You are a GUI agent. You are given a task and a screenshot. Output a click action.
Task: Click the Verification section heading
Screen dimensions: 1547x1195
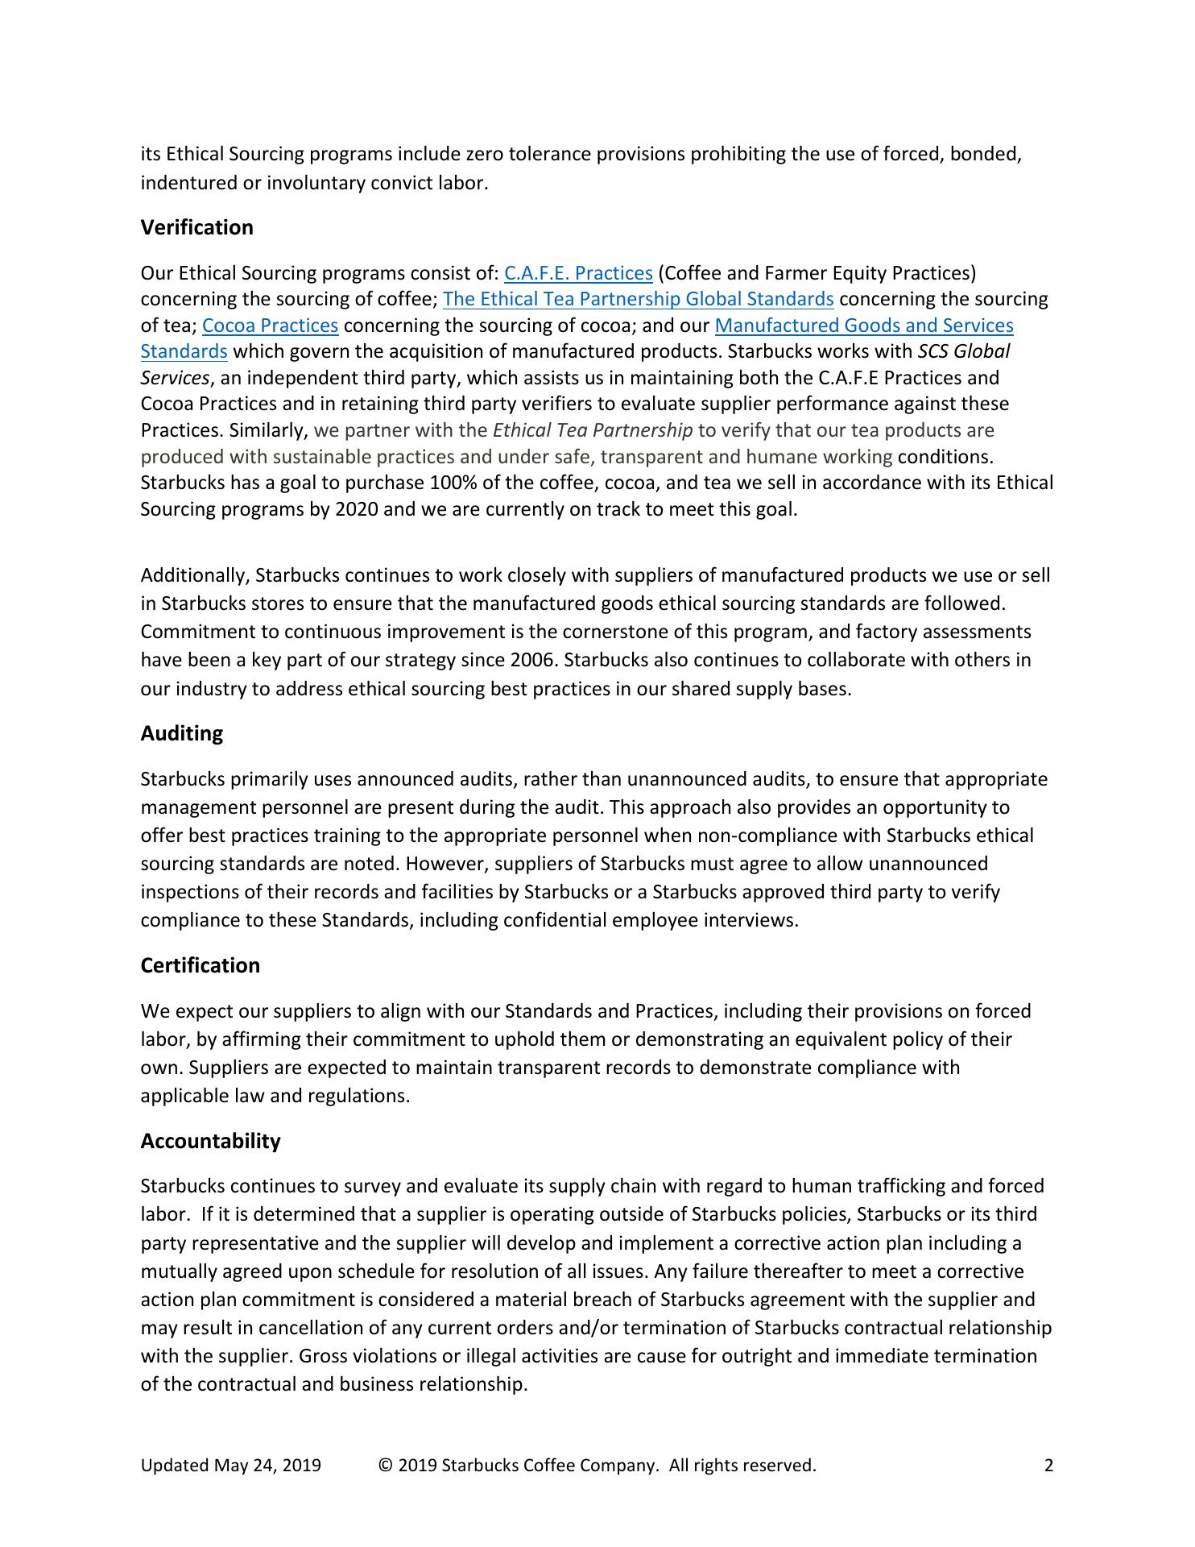[x=196, y=228]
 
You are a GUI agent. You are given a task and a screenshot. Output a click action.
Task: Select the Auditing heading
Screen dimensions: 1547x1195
[x=181, y=734]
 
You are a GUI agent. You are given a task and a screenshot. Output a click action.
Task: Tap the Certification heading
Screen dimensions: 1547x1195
[x=200, y=966]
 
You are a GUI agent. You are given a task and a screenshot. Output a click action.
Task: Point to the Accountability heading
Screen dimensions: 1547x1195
[x=210, y=1142]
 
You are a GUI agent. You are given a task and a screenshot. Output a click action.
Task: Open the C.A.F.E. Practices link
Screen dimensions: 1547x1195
[x=577, y=274]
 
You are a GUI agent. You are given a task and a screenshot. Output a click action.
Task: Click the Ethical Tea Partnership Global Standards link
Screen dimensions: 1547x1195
[x=638, y=300]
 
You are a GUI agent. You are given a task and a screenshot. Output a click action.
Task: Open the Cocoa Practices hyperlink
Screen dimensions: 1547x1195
[x=270, y=326]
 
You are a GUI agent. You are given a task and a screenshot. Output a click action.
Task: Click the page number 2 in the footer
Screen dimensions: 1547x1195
[x=1048, y=1466]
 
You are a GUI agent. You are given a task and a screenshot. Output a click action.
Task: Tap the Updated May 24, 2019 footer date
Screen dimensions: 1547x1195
[x=230, y=1466]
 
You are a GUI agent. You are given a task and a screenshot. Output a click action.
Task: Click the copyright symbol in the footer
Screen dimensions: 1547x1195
[x=385, y=1466]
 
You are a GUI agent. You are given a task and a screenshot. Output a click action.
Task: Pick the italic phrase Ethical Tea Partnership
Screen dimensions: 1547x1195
[x=592, y=431]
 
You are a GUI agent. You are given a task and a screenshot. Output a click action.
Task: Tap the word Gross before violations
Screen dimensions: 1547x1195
[x=320, y=1357]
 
